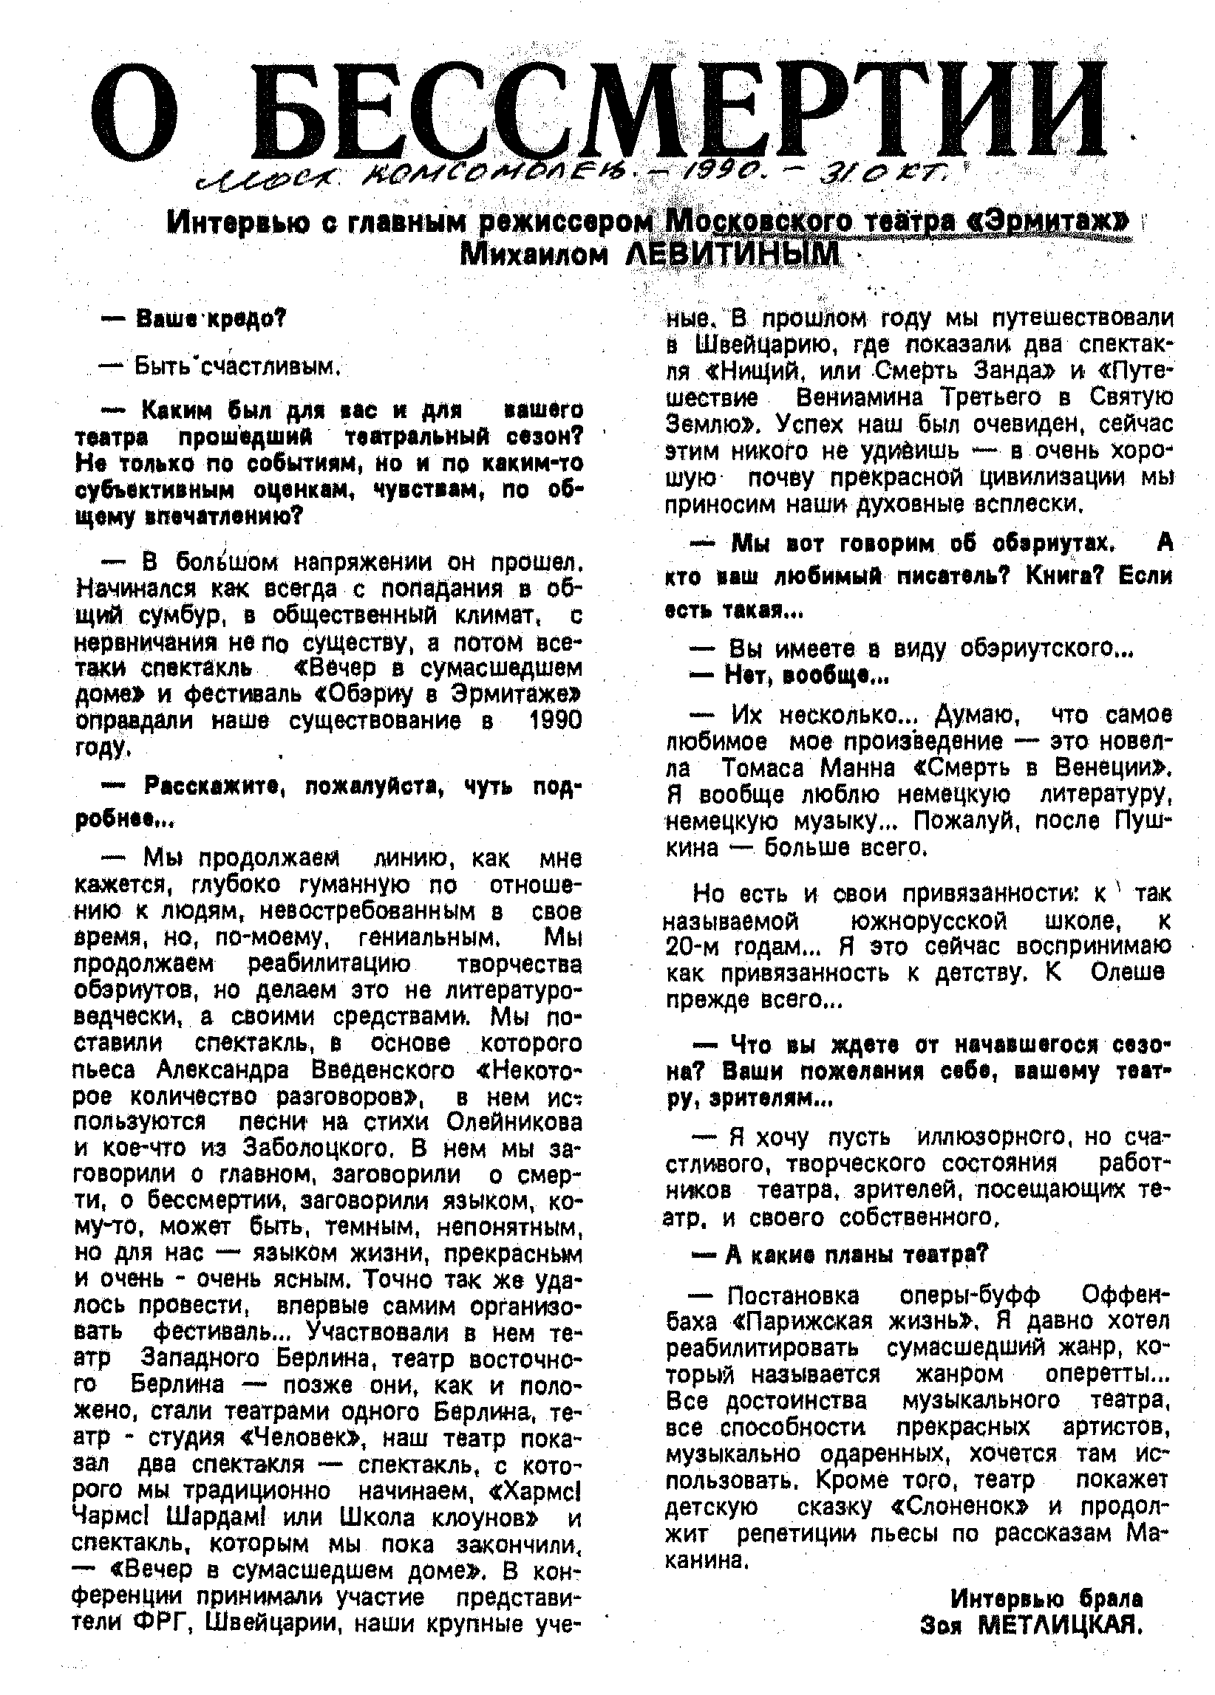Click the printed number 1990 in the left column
pos(554,720)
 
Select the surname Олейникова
pos(514,1123)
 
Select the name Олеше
pos(1128,971)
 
